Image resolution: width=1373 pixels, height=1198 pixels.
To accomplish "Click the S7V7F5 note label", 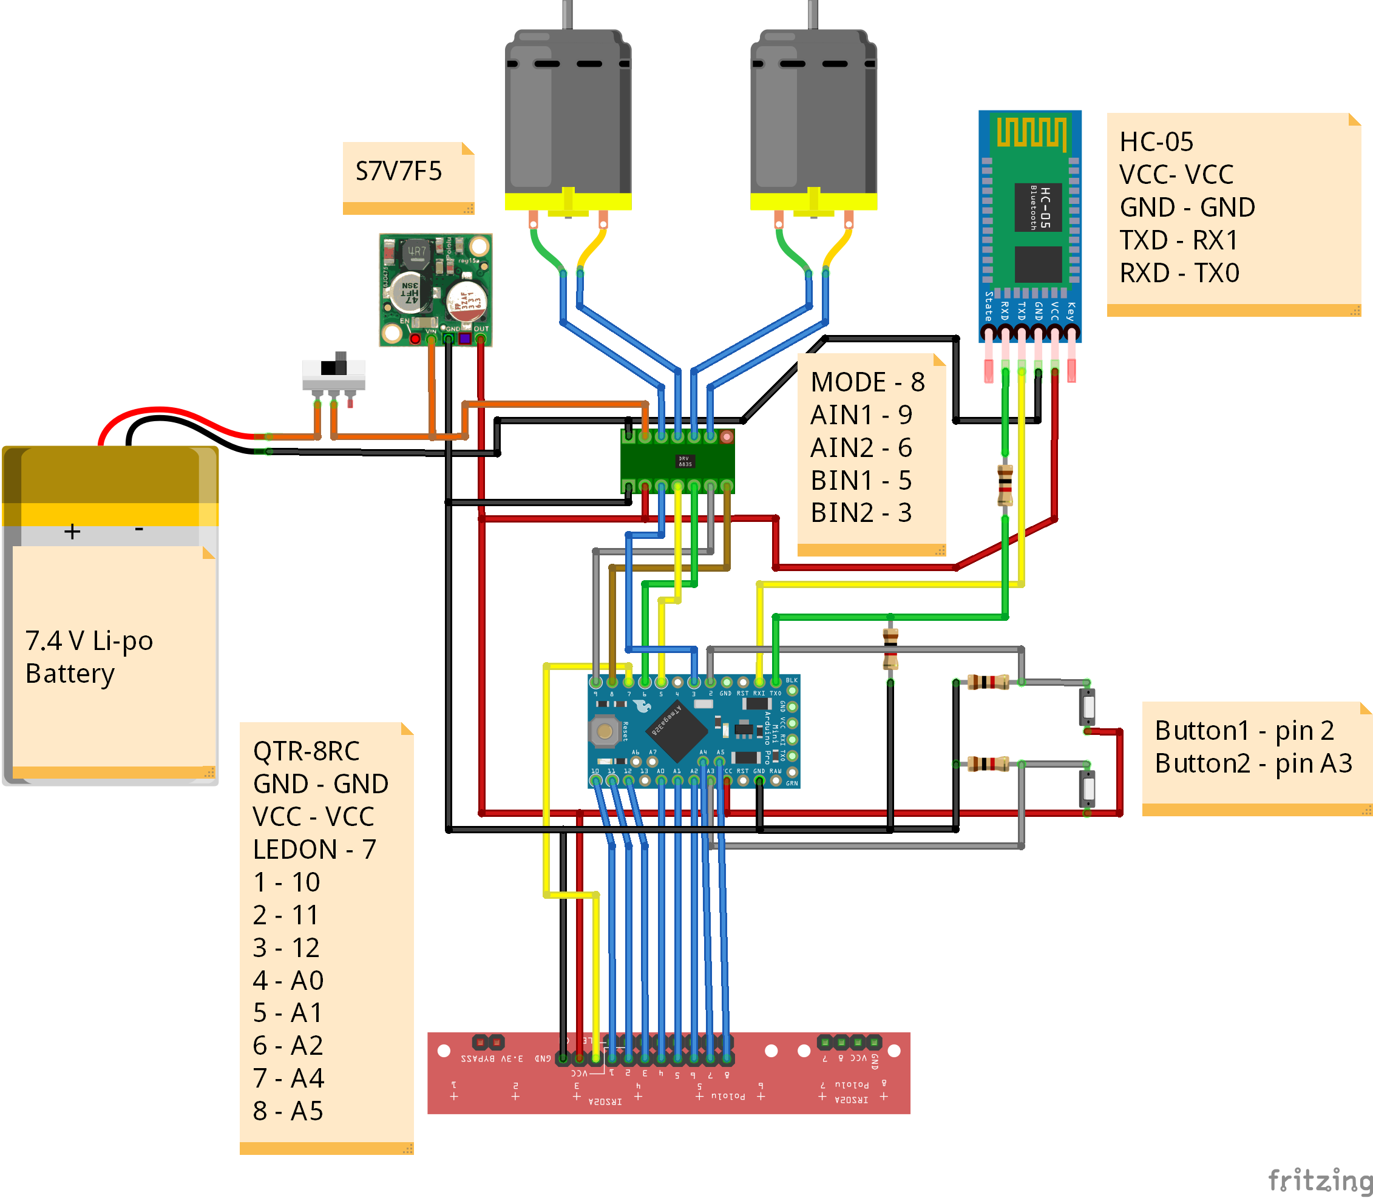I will click(x=398, y=172).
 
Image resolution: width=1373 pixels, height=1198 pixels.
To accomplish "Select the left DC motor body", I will click(x=568, y=113).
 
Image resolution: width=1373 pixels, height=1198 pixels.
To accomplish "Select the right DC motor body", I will click(x=813, y=113).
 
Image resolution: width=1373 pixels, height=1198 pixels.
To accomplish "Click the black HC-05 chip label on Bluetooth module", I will click(x=1037, y=207).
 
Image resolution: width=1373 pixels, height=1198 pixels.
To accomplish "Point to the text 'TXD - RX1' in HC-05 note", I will click(x=1179, y=240).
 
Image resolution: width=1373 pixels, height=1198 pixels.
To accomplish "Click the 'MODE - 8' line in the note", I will click(x=867, y=382).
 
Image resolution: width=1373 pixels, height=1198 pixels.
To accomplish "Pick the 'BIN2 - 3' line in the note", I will click(x=860, y=513).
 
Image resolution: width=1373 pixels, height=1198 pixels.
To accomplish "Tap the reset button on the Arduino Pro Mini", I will click(x=605, y=731).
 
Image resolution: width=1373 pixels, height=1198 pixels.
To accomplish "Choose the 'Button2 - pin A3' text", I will click(x=1253, y=763).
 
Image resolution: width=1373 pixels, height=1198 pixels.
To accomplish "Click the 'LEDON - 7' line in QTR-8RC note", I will click(x=314, y=849).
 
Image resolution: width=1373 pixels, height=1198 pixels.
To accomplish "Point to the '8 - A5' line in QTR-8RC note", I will click(x=288, y=1111).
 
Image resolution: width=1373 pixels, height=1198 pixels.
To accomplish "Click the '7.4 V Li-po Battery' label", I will click(x=88, y=657).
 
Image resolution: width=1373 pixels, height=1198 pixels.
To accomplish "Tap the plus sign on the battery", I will click(x=72, y=532).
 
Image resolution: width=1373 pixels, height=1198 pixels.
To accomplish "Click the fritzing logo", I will click(x=1319, y=1180).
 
